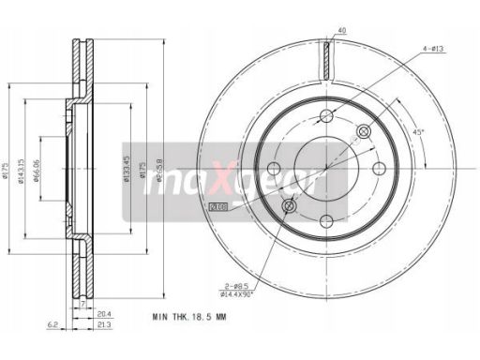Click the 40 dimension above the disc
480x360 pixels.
pyautogui.click(x=342, y=31)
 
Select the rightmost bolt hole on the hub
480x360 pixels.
pyautogui.click(x=380, y=170)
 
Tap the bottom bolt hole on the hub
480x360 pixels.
pyautogui.click(x=326, y=223)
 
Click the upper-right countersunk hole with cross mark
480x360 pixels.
pyautogui.click(x=364, y=132)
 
